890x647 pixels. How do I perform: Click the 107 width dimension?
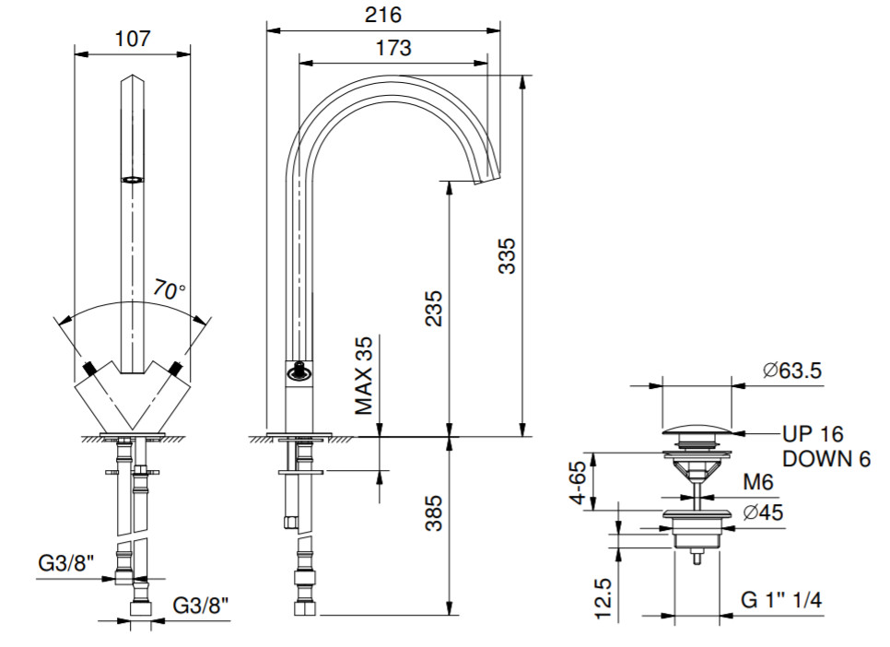tap(133, 39)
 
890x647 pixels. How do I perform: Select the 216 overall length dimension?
tap(383, 16)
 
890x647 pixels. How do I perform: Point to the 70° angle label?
tap(170, 289)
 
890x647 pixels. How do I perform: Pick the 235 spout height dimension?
tap(434, 309)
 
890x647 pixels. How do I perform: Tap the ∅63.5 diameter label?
tap(792, 371)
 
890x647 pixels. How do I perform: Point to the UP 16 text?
tap(813, 433)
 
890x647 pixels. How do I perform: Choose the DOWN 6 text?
tap(826, 458)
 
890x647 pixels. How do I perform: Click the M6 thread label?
tap(758, 482)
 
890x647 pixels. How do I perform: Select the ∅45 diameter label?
tap(761, 512)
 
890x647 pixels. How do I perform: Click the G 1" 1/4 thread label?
tap(781, 600)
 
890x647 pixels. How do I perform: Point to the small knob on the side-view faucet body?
tap(298, 371)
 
